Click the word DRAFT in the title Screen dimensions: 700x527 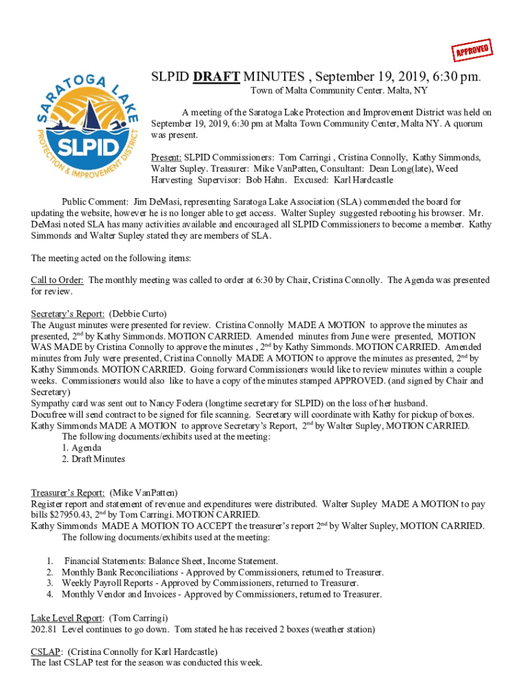tap(215, 77)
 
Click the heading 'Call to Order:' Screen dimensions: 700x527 tap(57, 280)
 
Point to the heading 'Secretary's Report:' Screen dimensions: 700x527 tap(68, 314)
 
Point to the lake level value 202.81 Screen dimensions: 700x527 tap(44, 629)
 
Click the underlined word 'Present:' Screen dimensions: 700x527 tap(166, 157)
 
